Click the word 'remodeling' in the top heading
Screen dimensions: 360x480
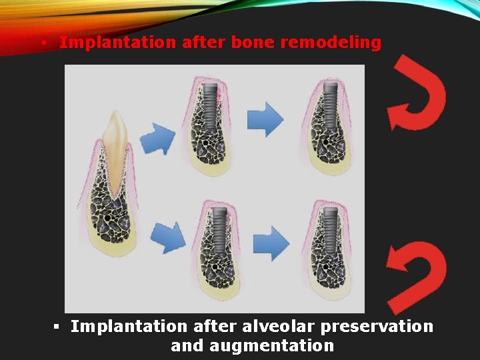coord(331,43)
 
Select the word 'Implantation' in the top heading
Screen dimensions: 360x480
coord(117,43)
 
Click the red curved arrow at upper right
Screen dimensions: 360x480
coord(417,93)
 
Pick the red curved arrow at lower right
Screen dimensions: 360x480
coord(419,275)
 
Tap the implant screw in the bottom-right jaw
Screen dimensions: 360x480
coord(329,227)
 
